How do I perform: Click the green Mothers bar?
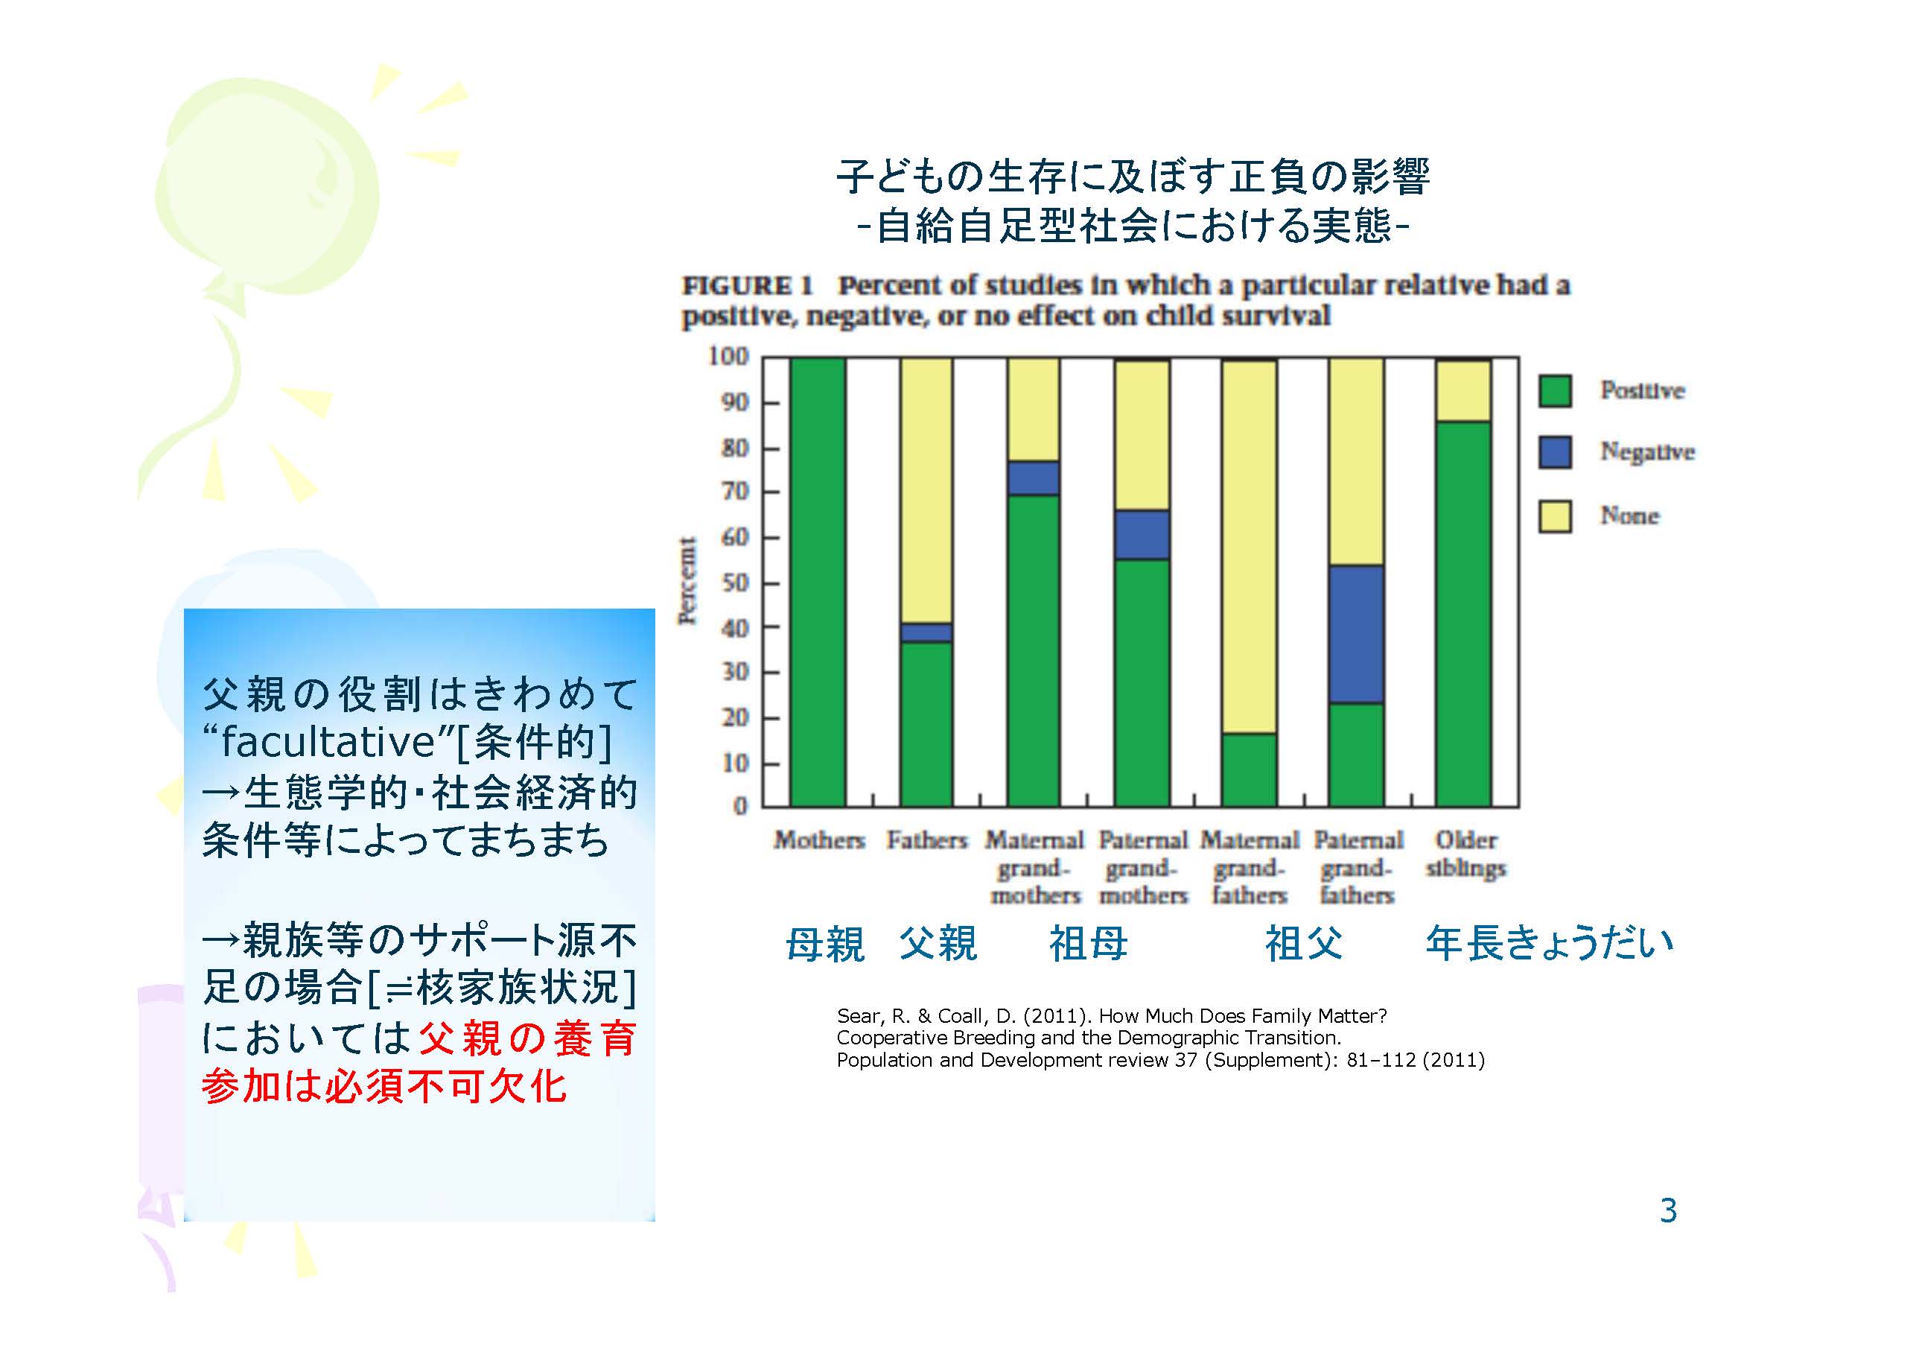click(x=818, y=582)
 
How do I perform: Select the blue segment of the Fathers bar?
click(x=926, y=632)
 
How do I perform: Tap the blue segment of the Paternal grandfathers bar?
click(x=1357, y=635)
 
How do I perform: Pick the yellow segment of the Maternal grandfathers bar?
click(x=1250, y=547)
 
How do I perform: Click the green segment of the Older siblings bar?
click(x=1464, y=614)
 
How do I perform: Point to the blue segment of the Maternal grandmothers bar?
click(x=1034, y=478)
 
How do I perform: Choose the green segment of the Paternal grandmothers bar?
click(x=1142, y=683)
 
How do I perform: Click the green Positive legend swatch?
click(x=1556, y=391)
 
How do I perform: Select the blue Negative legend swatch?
click(x=1556, y=452)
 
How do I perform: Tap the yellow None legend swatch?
click(x=1556, y=516)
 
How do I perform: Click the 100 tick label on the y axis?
click(x=728, y=357)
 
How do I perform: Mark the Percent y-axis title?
click(x=687, y=580)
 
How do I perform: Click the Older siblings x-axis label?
click(x=1465, y=853)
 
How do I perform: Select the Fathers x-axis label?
click(x=927, y=840)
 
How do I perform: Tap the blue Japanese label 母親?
click(x=824, y=945)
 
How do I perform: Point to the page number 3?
click(x=1668, y=1210)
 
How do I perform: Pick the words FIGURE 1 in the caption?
click(x=747, y=285)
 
